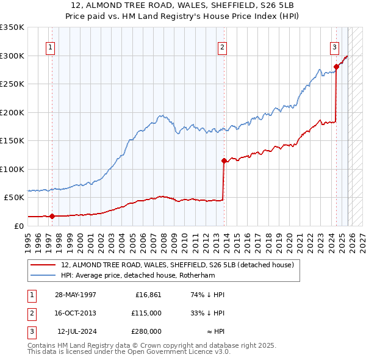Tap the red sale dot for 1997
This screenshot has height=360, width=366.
[52, 215]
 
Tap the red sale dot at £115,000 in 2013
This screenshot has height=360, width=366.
[224, 160]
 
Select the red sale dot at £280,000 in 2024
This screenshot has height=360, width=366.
[336, 67]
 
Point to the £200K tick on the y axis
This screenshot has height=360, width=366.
[12, 112]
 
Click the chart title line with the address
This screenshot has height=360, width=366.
[183, 7]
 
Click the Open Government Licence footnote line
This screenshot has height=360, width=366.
[129, 352]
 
